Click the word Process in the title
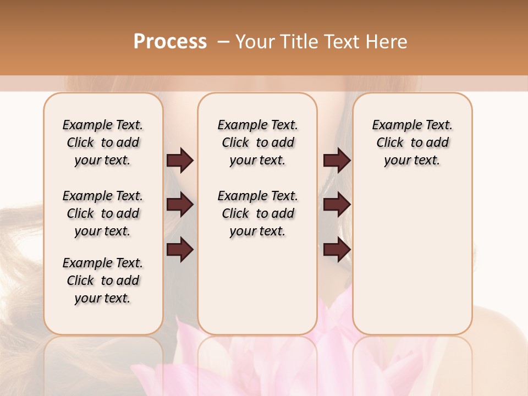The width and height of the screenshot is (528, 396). (x=170, y=42)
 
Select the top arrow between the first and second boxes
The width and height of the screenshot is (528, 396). (x=180, y=160)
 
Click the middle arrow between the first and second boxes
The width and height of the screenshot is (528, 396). (x=180, y=205)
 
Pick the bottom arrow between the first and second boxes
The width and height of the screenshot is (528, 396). (x=180, y=250)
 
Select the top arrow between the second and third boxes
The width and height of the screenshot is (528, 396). (x=337, y=160)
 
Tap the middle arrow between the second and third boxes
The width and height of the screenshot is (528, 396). (x=337, y=205)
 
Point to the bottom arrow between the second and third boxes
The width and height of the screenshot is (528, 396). (x=337, y=250)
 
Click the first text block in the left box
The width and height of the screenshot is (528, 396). (x=103, y=142)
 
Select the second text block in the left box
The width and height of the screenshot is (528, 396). (x=103, y=213)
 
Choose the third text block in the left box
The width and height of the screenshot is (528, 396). (x=103, y=280)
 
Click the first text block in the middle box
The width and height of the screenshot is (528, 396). (x=257, y=142)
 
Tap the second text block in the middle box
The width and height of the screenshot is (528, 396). (x=257, y=213)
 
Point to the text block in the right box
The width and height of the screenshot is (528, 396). (x=412, y=142)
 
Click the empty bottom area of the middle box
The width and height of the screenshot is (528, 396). (x=257, y=291)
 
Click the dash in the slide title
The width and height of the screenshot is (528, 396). (x=224, y=42)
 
